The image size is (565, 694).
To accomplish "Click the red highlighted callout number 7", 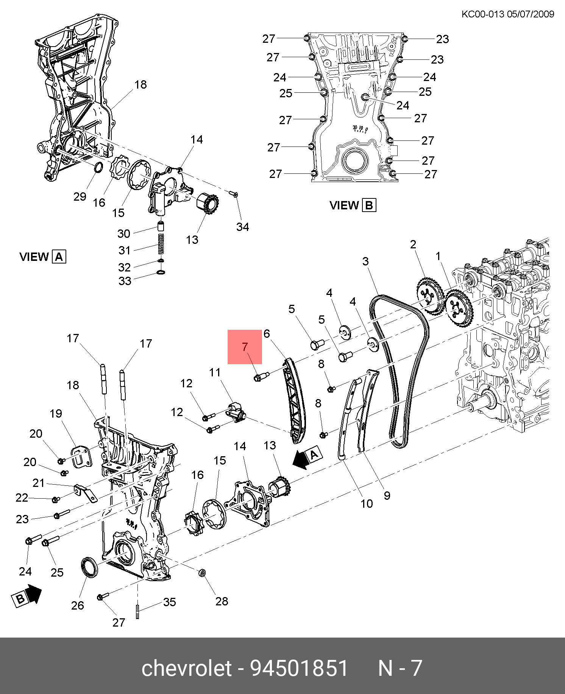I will [245, 346].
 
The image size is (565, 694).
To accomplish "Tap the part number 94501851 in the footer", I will [299, 668].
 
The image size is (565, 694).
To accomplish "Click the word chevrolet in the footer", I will [186, 668].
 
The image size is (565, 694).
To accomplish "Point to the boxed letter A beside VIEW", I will [59, 257].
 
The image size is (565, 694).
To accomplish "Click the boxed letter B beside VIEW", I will [369, 205].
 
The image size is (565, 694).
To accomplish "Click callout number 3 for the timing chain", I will [365, 261].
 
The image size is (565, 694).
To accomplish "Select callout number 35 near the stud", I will [170, 602].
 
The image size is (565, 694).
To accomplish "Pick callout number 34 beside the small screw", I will [243, 227].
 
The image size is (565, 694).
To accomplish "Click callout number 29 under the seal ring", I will [80, 197].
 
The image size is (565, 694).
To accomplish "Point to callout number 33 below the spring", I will [125, 281].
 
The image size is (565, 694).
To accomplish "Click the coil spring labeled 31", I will [161, 243].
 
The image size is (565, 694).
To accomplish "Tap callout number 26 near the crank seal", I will [78, 605].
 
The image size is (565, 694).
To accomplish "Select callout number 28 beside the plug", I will [222, 601].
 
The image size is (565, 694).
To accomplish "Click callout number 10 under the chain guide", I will [367, 504].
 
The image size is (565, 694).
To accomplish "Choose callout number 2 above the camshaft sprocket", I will [413, 244].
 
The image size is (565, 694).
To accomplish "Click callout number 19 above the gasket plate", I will [56, 413].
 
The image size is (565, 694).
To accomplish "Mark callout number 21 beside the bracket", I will [39, 483].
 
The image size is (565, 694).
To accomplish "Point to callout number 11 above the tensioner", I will [215, 373].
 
